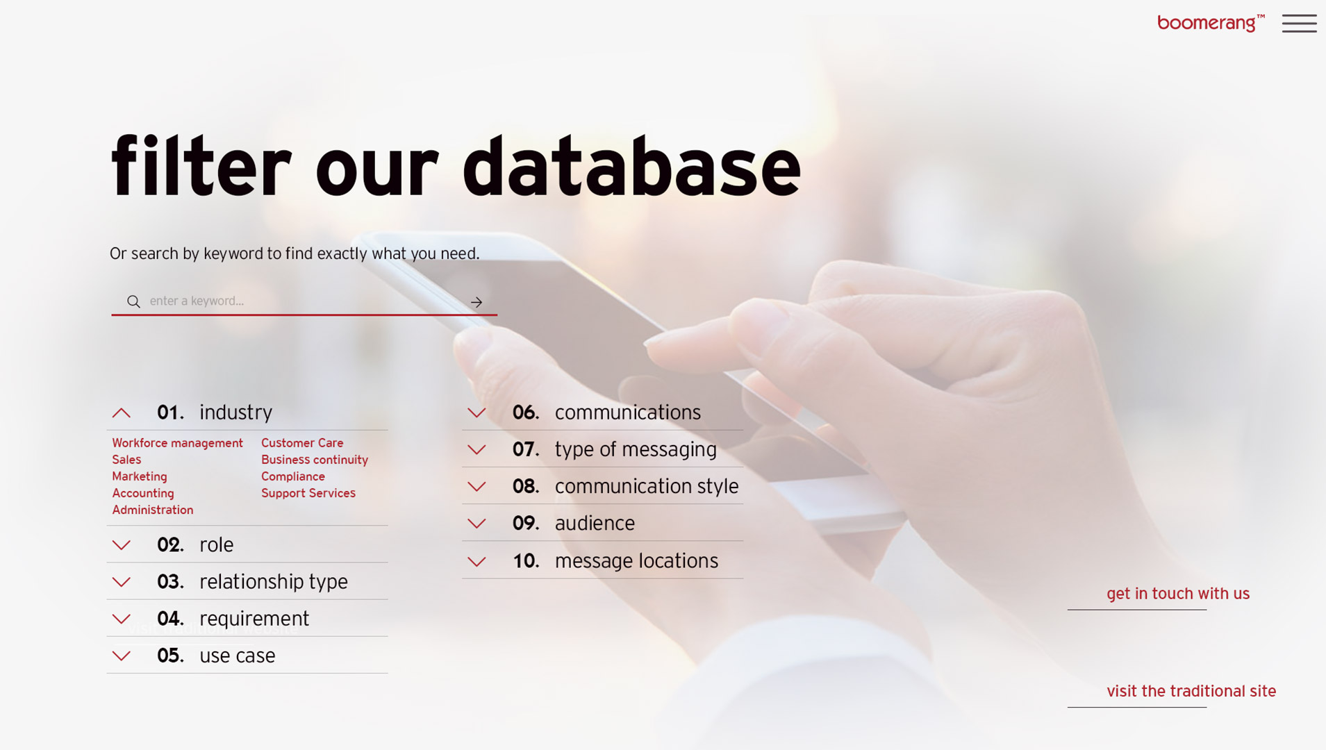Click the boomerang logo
click(x=1211, y=23)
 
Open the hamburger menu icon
click(x=1299, y=23)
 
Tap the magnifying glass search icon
click(x=133, y=301)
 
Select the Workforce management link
click(x=178, y=443)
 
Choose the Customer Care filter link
click(x=302, y=443)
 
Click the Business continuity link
click(x=315, y=460)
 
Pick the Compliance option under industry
click(x=293, y=476)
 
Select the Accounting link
click(x=143, y=493)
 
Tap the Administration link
click(x=153, y=510)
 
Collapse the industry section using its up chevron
click(x=122, y=413)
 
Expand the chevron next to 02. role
click(x=122, y=545)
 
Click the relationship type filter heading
click(x=274, y=582)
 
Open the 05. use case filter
click(x=238, y=656)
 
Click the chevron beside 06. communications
click(x=476, y=413)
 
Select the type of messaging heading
click(x=636, y=450)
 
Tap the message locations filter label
click(x=636, y=560)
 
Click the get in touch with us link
click(x=1178, y=594)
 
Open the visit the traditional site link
click(x=1191, y=691)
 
